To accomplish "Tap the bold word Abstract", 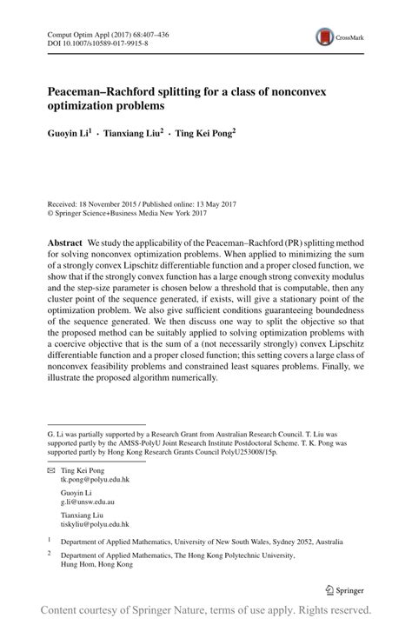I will (x=65, y=241).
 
